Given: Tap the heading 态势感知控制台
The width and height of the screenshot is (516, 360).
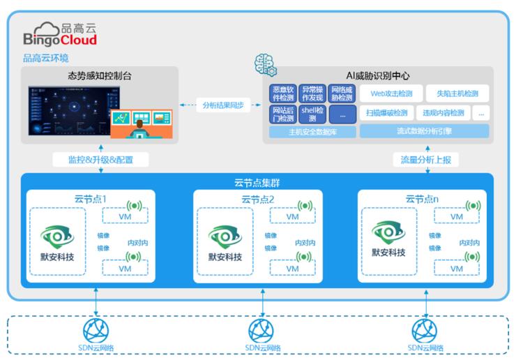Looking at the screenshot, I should tap(99, 75).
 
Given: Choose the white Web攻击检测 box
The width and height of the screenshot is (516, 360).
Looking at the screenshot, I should tap(390, 93).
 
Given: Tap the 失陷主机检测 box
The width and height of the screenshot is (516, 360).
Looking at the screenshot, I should tap(457, 93).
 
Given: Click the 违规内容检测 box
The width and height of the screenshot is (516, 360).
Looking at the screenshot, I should tap(443, 113).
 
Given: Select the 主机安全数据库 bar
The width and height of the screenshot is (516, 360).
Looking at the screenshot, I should tap(312, 131).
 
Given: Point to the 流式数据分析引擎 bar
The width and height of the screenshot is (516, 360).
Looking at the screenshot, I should tap(424, 131).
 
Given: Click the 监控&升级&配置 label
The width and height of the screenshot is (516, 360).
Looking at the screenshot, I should tap(100, 160).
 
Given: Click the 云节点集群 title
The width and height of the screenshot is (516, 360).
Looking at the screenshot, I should tap(257, 184).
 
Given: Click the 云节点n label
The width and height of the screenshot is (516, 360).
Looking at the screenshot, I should tap(420, 199).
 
